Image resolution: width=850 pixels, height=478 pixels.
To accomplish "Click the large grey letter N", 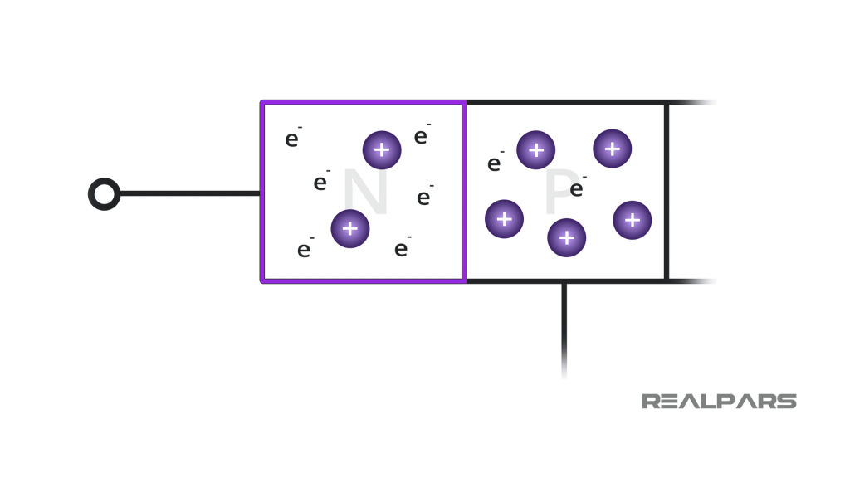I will click(365, 193).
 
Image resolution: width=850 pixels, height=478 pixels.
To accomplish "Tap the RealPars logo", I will click(719, 402).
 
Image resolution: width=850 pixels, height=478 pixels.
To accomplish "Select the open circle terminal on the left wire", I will click(104, 194).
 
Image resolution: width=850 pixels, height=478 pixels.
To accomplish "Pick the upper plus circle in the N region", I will click(382, 150).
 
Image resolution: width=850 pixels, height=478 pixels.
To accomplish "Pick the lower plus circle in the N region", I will click(350, 228).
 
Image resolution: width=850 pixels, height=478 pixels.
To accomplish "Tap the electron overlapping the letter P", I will click(577, 189).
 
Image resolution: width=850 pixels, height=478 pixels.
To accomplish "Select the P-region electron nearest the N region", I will click(495, 163).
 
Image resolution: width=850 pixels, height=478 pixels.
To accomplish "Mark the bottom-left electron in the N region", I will click(305, 250).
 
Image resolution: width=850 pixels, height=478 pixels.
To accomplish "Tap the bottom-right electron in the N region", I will click(402, 249).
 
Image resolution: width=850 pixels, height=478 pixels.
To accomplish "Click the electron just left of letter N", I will click(320, 183).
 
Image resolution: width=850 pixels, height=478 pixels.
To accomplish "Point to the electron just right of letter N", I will click(424, 198).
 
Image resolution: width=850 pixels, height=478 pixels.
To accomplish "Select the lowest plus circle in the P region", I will click(566, 237).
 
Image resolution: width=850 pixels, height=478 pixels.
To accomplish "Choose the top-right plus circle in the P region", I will click(612, 149).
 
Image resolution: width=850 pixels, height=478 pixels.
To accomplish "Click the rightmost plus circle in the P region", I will click(632, 220).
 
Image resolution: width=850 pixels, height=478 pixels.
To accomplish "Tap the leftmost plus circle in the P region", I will click(504, 219).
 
